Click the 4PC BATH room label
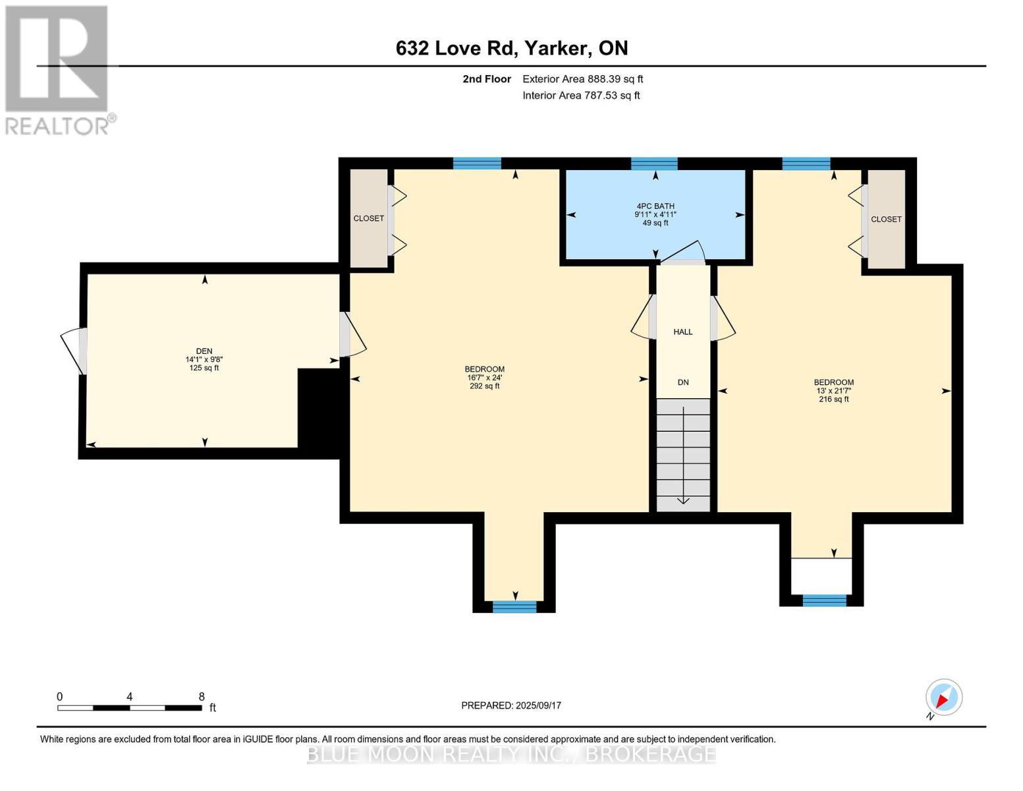pos(655,206)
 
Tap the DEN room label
pos(204,351)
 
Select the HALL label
pos(682,332)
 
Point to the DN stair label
pos(682,382)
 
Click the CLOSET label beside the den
pos(369,218)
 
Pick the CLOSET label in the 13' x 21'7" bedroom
pos(886,219)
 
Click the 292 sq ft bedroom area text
pos(484,386)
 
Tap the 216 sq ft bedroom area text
pos(834,399)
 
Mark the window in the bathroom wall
pos(654,163)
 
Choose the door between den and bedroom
pos(352,334)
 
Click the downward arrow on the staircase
pos(683,455)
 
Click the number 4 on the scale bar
pos(130,696)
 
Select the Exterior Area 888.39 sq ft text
pos(583,79)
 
